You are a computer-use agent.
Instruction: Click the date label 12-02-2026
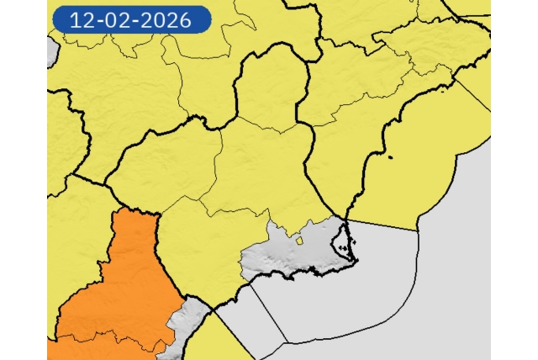pos(130,19)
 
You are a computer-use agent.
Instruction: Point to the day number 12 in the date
pos(82,19)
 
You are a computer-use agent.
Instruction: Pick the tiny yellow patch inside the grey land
pos(298,241)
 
